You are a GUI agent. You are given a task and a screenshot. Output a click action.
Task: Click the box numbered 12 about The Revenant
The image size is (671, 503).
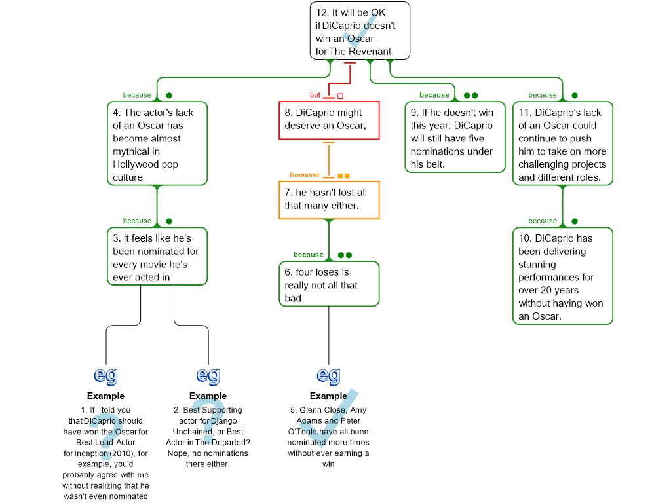(360, 31)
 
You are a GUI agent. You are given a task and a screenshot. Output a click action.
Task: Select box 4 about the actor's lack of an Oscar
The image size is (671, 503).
(157, 144)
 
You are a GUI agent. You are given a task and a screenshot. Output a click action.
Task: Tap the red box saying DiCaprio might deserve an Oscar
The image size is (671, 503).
(329, 120)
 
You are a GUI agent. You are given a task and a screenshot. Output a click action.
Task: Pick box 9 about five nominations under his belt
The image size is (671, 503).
(455, 138)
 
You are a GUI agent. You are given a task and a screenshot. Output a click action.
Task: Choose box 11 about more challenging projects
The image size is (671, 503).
(562, 144)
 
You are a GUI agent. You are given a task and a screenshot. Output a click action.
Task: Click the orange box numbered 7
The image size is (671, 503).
(329, 200)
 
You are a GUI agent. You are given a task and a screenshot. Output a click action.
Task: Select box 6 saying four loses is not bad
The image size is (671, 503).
(329, 284)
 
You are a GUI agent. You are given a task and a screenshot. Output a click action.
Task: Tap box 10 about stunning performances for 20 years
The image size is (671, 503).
(562, 276)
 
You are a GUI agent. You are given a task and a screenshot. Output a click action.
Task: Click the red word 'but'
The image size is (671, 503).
(315, 95)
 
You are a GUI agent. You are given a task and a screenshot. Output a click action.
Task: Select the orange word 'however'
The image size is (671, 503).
(305, 175)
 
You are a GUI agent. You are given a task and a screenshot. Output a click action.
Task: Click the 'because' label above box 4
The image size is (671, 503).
(137, 95)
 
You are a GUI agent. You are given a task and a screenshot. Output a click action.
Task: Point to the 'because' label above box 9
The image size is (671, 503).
(434, 95)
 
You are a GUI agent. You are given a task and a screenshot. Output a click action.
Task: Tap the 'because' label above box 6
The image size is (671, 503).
(309, 255)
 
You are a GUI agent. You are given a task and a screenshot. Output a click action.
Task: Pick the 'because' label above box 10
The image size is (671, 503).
(543, 221)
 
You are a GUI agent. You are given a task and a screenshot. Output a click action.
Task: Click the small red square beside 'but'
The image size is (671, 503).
(340, 96)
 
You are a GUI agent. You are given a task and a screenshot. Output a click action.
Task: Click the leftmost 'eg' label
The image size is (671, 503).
(106, 375)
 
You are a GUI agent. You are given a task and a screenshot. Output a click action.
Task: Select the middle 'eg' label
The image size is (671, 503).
(208, 375)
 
